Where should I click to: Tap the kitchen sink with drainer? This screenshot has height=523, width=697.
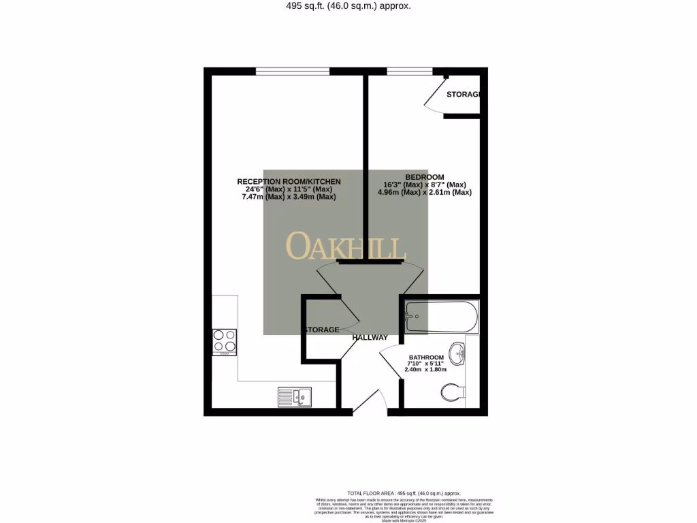[x=294, y=396]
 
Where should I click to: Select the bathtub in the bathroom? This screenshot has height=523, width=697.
[x=441, y=317]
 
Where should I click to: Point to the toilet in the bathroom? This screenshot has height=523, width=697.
[x=452, y=392]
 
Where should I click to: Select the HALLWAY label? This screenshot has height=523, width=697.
[x=370, y=338]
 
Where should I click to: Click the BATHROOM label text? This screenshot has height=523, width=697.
[x=426, y=358]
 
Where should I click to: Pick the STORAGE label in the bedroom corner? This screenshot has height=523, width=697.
[x=464, y=94]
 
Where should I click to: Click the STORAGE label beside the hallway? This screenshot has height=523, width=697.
[x=321, y=330]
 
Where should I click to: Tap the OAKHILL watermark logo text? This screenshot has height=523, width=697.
[x=346, y=246]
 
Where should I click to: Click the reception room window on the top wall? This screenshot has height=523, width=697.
[x=293, y=71]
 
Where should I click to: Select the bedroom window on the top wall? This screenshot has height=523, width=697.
[x=410, y=71]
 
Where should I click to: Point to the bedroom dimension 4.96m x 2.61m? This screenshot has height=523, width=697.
[x=425, y=193]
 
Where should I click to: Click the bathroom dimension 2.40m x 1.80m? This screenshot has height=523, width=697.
[x=425, y=370]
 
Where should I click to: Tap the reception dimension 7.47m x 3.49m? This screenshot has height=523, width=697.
[x=289, y=197]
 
